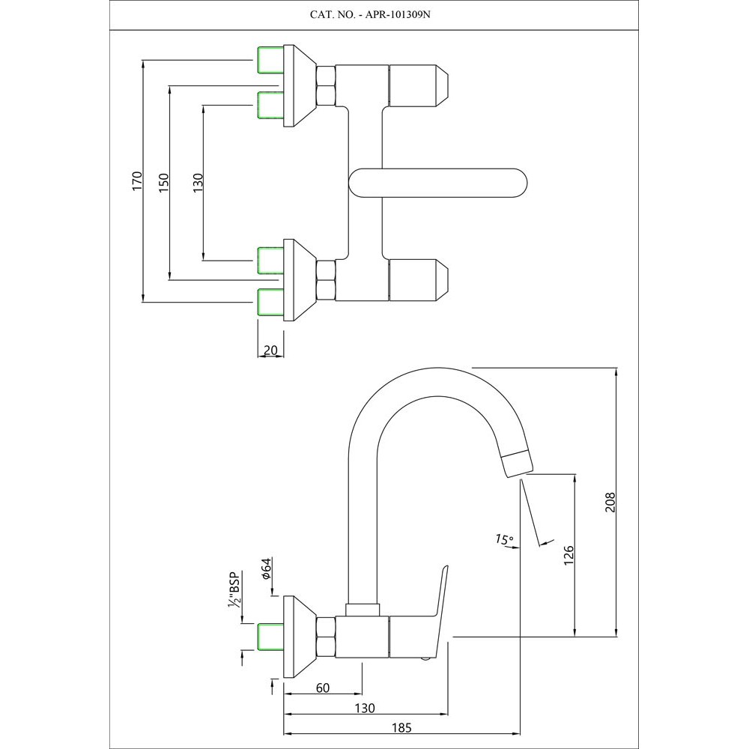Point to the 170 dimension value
coord(136,182)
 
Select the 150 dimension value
coord(164,182)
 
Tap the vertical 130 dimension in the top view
coord(198,182)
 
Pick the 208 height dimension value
coord(610,502)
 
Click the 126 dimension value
coord(568,554)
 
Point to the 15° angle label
coord(504,539)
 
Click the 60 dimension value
coord(323,688)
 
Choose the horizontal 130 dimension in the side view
coord(364,708)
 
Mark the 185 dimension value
coord(402,727)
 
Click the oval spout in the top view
coord(438,182)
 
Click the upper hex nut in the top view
coord(326,84)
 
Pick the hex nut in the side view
coord(326,637)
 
